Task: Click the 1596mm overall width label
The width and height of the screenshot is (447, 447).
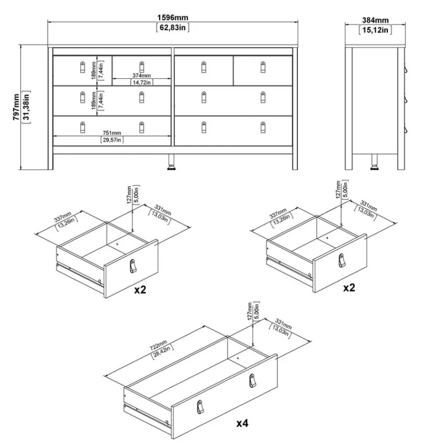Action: pos(173,18)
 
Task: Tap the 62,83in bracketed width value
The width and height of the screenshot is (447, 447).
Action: pos(173,28)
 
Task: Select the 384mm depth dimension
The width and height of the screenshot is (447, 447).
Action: pos(375,20)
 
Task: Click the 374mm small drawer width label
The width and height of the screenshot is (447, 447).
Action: pos(141,75)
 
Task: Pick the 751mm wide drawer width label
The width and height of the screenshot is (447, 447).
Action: pos(112,133)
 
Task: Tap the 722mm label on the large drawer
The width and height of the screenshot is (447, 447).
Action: pos(159,345)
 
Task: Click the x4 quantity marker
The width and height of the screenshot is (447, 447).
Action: pos(242,423)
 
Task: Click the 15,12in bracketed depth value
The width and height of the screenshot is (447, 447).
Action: pos(375,30)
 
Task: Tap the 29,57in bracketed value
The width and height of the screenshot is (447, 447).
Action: pos(112,140)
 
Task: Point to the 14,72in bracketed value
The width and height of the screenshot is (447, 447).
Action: pos(141,83)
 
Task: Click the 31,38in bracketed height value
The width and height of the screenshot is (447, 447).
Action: pos(26,107)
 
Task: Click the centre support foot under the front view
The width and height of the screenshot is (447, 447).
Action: pos(172,162)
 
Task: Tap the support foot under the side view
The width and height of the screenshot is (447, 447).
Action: pos(374,162)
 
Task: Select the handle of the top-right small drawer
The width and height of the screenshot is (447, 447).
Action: pos(263,67)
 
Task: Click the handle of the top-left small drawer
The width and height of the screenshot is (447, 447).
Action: pos(82,67)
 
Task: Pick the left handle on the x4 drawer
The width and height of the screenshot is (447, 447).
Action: pos(201,407)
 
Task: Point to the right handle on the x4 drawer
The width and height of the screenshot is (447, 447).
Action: pos(253,380)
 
